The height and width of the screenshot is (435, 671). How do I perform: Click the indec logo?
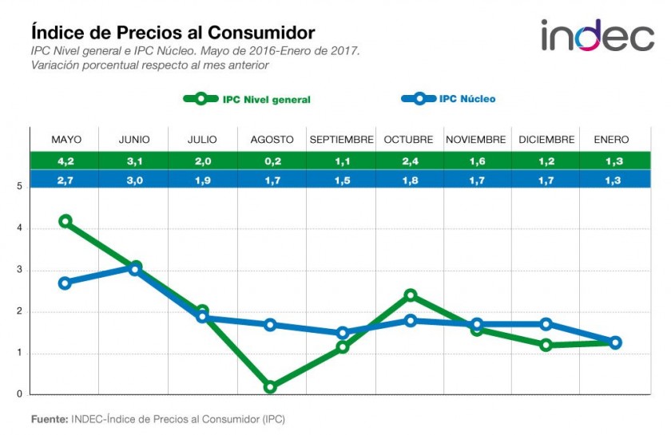click(597, 35)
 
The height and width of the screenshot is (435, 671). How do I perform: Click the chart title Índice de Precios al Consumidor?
click(173, 33)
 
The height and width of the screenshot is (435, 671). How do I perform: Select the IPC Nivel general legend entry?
click(247, 99)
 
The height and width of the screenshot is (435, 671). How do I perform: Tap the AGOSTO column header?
click(272, 140)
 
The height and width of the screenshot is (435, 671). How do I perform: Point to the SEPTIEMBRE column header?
click(341, 140)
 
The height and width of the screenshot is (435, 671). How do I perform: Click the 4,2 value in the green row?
click(66, 160)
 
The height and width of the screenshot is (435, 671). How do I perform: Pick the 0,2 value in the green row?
click(272, 160)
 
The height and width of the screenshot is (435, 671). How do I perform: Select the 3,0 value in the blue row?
click(134, 178)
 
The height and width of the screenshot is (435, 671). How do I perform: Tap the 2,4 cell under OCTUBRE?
click(409, 160)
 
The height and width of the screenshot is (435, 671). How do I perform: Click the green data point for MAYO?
click(66, 221)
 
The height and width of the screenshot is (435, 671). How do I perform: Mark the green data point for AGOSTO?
click(271, 386)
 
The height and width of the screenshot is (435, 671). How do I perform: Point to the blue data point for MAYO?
click(66, 283)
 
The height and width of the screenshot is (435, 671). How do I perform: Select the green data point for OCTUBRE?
click(410, 295)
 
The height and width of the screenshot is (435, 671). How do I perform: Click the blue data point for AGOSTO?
click(271, 325)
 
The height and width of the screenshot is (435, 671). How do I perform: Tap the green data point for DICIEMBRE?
click(546, 345)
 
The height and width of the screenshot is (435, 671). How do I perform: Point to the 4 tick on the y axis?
click(18, 229)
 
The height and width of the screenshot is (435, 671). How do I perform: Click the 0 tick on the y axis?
click(18, 394)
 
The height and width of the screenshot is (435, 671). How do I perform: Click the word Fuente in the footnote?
click(49, 418)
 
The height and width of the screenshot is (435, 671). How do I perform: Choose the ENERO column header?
click(611, 140)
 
